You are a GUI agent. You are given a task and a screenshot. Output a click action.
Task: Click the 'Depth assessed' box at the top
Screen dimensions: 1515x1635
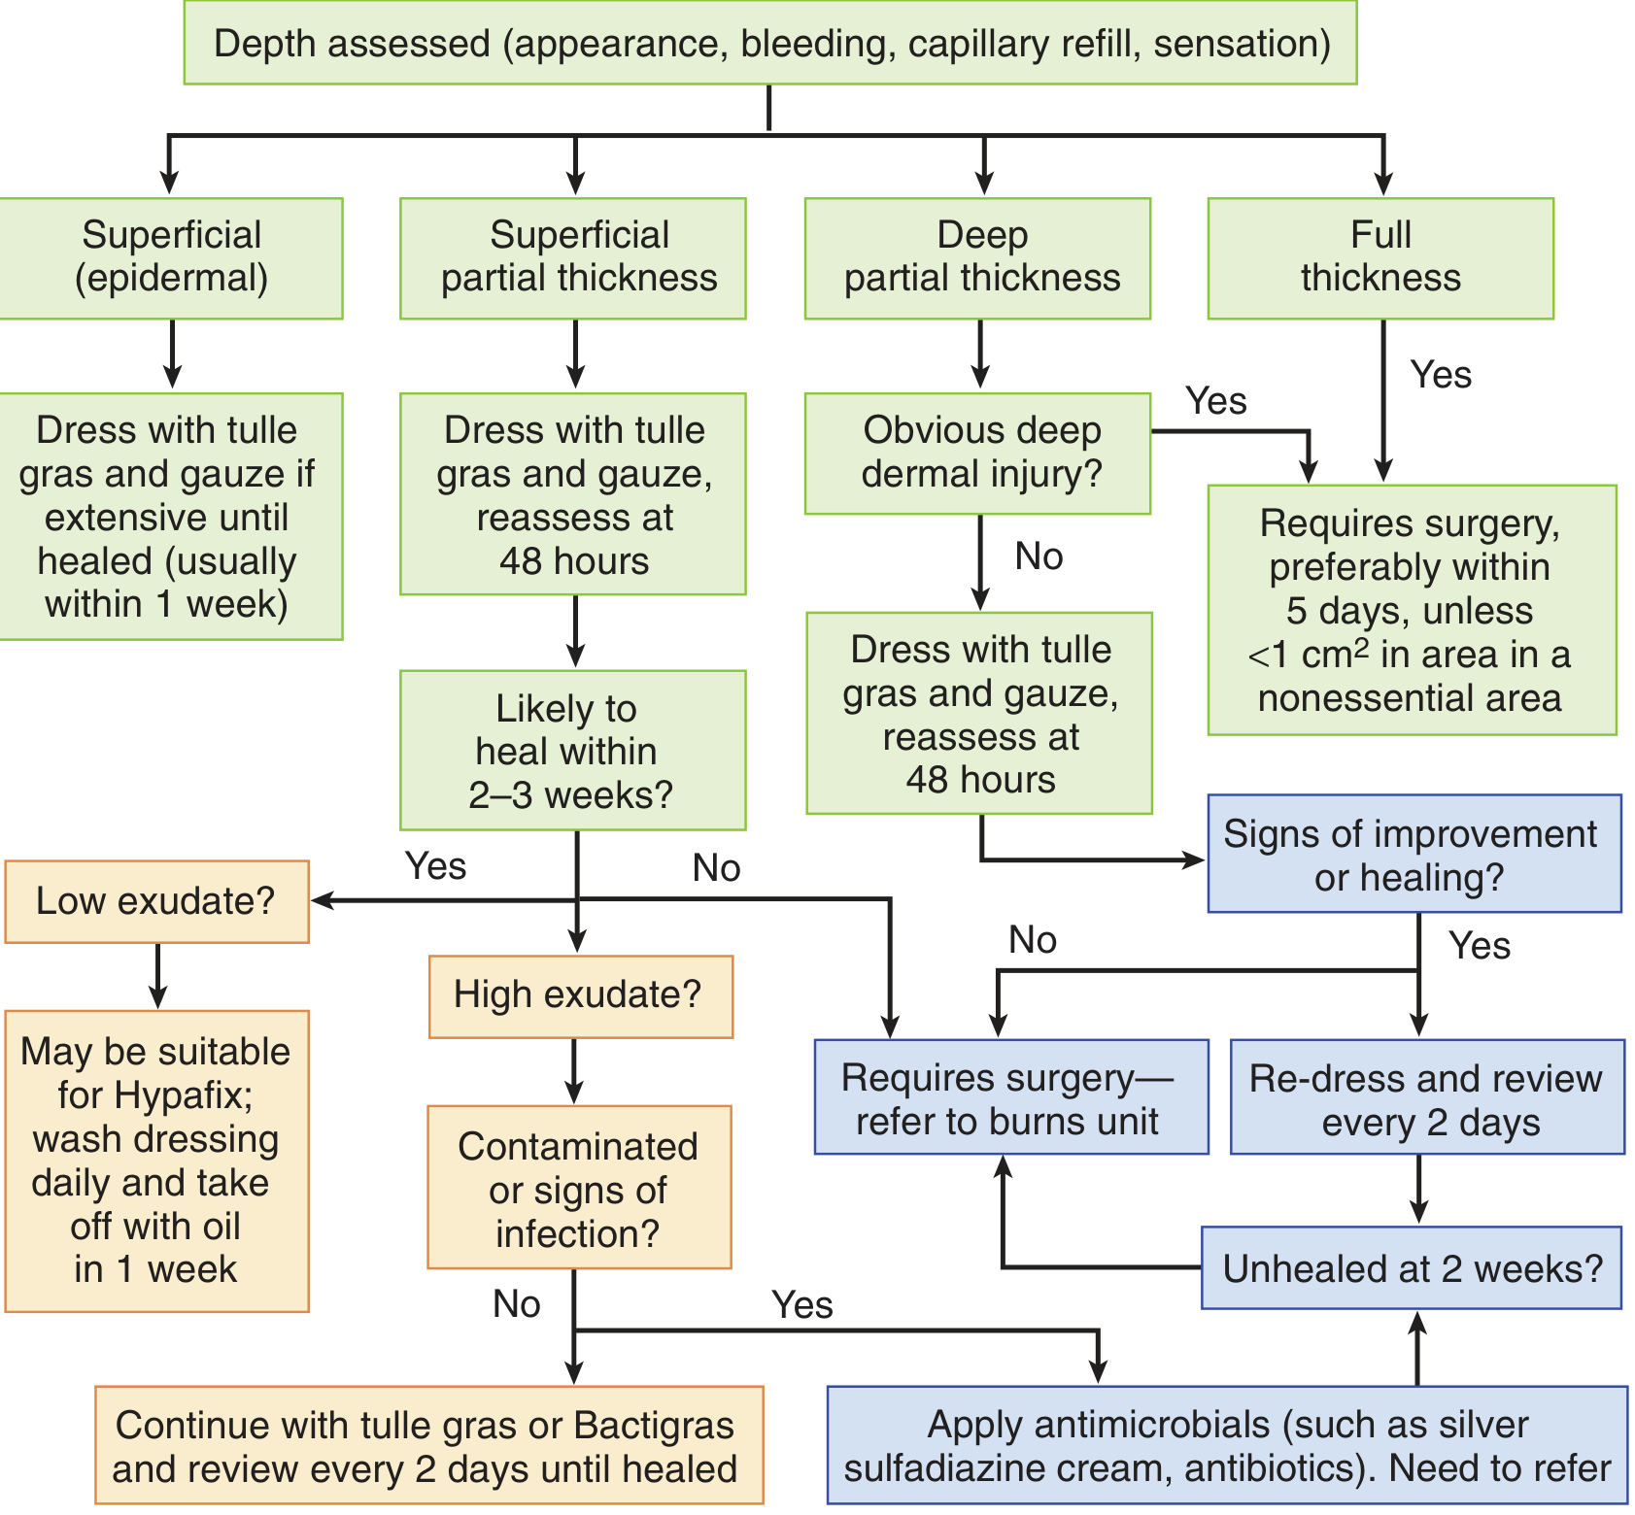coord(770,44)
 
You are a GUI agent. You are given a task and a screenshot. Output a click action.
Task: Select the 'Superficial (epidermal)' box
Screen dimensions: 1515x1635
coord(171,257)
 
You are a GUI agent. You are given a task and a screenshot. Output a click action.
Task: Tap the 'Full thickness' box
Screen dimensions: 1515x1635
coord(1380,257)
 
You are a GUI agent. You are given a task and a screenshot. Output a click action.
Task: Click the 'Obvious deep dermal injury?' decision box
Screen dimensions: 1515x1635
coord(978,453)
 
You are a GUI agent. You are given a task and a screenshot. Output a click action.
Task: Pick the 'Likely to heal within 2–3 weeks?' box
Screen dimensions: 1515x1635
coord(572,751)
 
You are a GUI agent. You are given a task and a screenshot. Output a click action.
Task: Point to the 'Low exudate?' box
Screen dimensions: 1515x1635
coord(156,901)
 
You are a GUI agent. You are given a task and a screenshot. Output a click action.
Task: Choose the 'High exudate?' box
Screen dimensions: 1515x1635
coord(580,995)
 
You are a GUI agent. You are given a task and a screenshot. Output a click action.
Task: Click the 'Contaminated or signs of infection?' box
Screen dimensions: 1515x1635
coord(579,1188)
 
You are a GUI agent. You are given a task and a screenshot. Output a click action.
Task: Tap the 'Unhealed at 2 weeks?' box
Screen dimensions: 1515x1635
coord(1412,1268)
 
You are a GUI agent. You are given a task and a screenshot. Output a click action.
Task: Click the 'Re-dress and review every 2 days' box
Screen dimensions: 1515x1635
coord(1427,1098)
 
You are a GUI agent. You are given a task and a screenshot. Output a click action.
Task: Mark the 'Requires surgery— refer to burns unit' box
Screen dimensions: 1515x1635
coord(1010,1098)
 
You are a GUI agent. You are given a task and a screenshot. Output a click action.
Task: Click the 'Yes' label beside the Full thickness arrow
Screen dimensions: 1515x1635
coord(1441,376)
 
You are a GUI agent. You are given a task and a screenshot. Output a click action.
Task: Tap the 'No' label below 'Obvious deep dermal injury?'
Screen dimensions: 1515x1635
coord(1039,557)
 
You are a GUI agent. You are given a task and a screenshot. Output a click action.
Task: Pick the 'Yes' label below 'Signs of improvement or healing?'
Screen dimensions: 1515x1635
coord(1479,946)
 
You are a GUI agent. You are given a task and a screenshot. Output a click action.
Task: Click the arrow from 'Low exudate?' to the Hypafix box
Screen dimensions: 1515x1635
coord(157,976)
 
